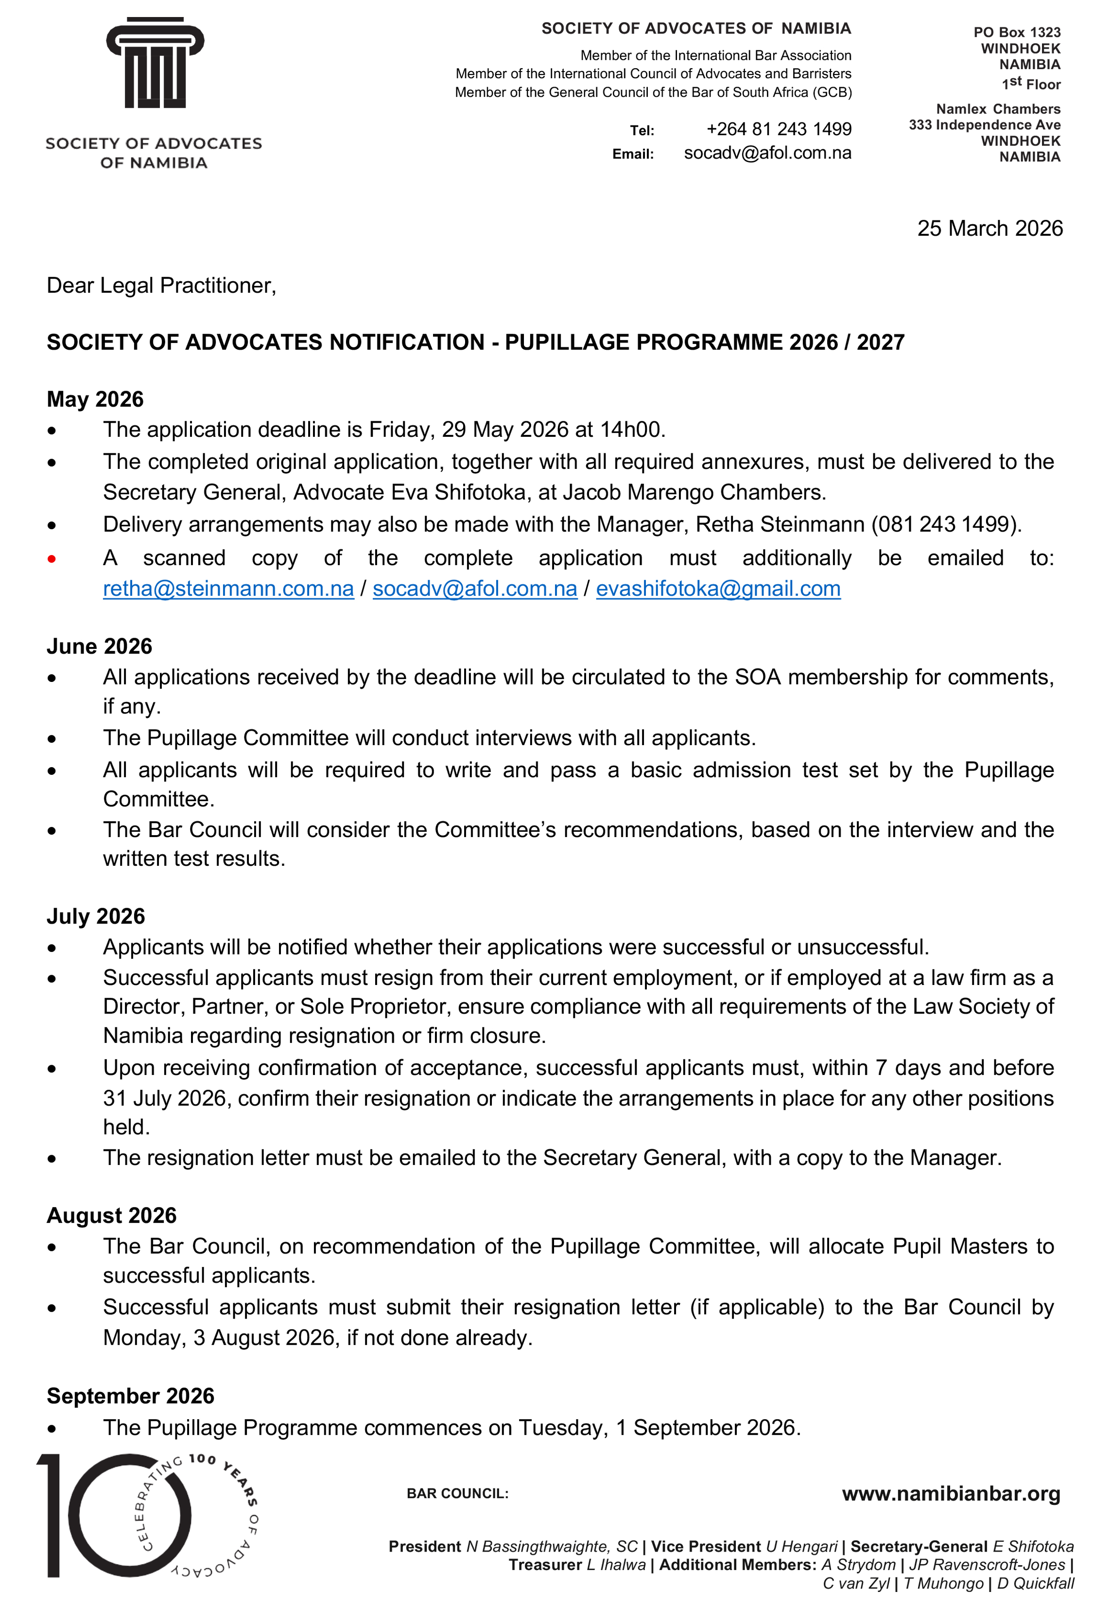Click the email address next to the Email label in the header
pyautogui.click(x=767, y=153)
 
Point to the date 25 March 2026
pyautogui.click(x=989, y=229)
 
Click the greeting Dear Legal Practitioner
pyautogui.click(x=161, y=286)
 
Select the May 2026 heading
pyautogui.click(x=95, y=399)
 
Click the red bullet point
pyautogui.click(x=52, y=558)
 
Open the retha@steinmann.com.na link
pyautogui.click(x=228, y=590)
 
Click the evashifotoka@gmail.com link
pyautogui.click(x=718, y=590)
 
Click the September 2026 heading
pyautogui.click(x=130, y=1396)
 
